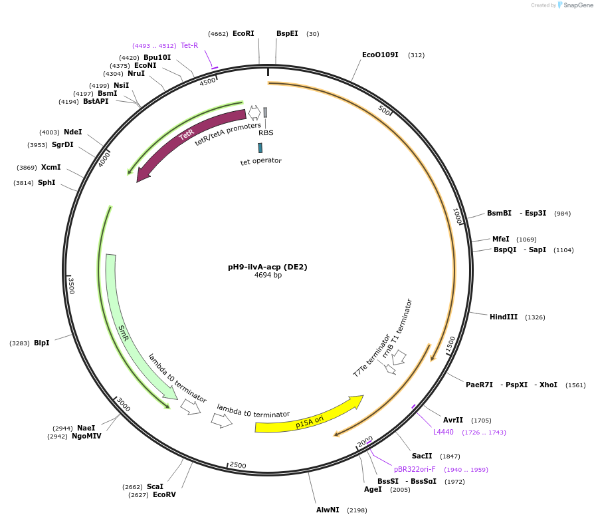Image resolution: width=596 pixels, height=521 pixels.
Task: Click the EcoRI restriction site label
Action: tap(243, 33)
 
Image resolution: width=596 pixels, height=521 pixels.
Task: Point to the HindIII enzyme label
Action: tap(504, 317)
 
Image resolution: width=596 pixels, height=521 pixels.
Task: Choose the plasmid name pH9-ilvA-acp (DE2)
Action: tap(268, 267)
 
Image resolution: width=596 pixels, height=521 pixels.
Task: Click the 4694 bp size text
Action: tap(268, 275)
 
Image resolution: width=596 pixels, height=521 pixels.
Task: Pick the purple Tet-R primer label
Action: tap(189, 45)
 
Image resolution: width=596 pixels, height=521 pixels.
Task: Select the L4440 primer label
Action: tap(443, 432)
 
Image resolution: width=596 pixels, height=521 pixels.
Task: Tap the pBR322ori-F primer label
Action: tap(415, 469)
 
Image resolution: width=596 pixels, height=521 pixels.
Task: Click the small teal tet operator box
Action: tap(260, 148)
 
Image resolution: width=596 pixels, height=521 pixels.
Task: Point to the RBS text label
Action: tap(266, 132)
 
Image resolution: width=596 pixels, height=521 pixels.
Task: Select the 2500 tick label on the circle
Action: tap(237, 465)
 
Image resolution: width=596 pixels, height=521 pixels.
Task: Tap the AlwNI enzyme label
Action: tap(328, 510)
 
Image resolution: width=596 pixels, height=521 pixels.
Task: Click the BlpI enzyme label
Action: tap(42, 343)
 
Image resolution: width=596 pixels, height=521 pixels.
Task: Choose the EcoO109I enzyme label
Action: tap(380, 55)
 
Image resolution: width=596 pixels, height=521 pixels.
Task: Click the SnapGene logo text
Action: tap(576, 5)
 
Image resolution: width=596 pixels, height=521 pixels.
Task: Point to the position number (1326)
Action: tap(535, 317)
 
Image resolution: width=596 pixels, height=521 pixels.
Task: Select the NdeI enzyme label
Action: tap(73, 132)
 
